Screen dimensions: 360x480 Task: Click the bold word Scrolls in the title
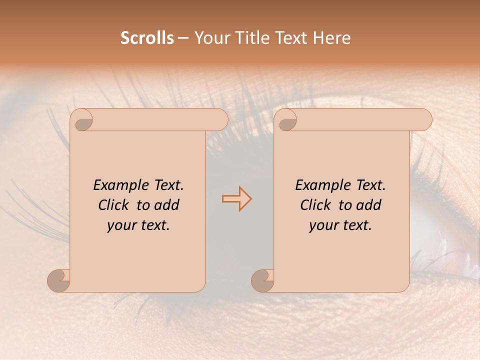[x=147, y=38]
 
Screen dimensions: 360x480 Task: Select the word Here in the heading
[x=331, y=38]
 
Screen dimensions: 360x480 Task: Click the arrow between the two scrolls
[x=236, y=199]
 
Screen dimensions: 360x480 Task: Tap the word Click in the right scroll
[x=315, y=205]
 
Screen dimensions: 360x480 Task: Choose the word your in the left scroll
[x=119, y=225]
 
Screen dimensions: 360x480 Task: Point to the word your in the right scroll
[x=321, y=225]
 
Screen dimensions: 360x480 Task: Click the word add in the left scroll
[x=167, y=205]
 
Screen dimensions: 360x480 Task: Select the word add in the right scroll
[x=369, y=205]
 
